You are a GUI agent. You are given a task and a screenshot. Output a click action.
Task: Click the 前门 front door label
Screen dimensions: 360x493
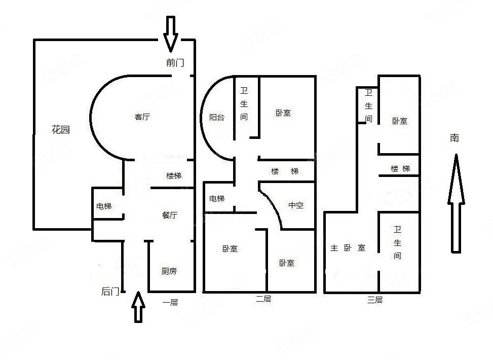[x=175, y=63]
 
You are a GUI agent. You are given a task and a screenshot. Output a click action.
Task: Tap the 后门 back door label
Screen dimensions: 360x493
[x=110, y=291]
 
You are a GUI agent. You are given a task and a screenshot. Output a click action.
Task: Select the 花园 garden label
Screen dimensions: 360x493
[x=61, y=130]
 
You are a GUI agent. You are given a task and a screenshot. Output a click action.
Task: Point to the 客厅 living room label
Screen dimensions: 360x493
[x=142, y=117]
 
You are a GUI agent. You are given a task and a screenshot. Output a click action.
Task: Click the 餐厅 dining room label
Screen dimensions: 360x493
[x=170, y=215]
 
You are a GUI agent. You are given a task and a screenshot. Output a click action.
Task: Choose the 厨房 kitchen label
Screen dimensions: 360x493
[x=169, y=271]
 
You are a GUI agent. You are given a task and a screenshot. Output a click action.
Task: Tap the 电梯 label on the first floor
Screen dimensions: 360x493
[x=104, y=206]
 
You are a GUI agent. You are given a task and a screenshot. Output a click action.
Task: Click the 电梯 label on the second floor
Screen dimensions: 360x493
[x=217, y=198]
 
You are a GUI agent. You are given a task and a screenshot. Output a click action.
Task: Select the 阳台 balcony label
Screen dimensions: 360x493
[x=217, y=117]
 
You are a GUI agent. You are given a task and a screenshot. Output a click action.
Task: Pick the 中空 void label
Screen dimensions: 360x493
[x=295, y=205]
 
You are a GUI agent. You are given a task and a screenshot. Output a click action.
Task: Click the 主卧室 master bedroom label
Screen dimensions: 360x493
[x=348, y=248]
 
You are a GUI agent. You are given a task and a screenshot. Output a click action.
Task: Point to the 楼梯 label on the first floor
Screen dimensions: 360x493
[x=174, y=176]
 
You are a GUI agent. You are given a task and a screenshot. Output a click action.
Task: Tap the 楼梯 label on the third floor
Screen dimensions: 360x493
[x=400, y=169]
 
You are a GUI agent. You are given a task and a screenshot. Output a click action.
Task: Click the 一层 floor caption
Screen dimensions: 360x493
[x=170, y=303]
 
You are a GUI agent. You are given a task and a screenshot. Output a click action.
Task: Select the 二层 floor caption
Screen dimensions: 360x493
[x=263, y=300]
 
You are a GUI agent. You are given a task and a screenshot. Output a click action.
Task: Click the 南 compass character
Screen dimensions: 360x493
[x=454, y=137]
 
